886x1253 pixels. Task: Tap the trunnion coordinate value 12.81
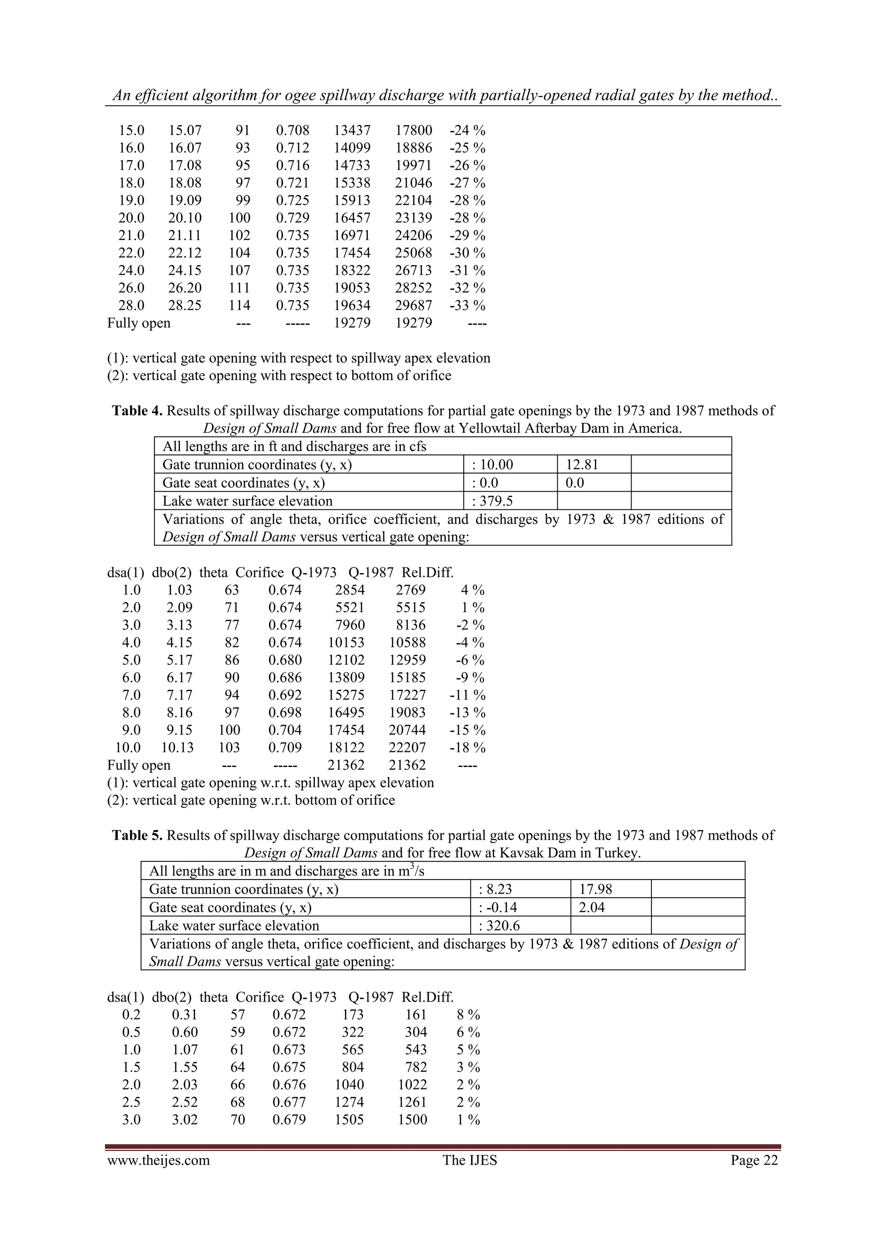pyautogui.click(x=581, y=464)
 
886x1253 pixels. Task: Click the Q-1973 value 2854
pyautogui.click(x=350, y=590)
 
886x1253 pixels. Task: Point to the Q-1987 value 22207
pyautogui.click(x=407, y=747)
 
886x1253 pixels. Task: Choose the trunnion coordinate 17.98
pyautogui.click(x=595, y=889)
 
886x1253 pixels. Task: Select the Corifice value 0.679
pyautogui.click(x=289, y=1119)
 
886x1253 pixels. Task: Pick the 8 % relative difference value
pyautogui.click(x=468, y=1015)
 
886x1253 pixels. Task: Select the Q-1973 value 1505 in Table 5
pyautogui.click(x=349, y=1119)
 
